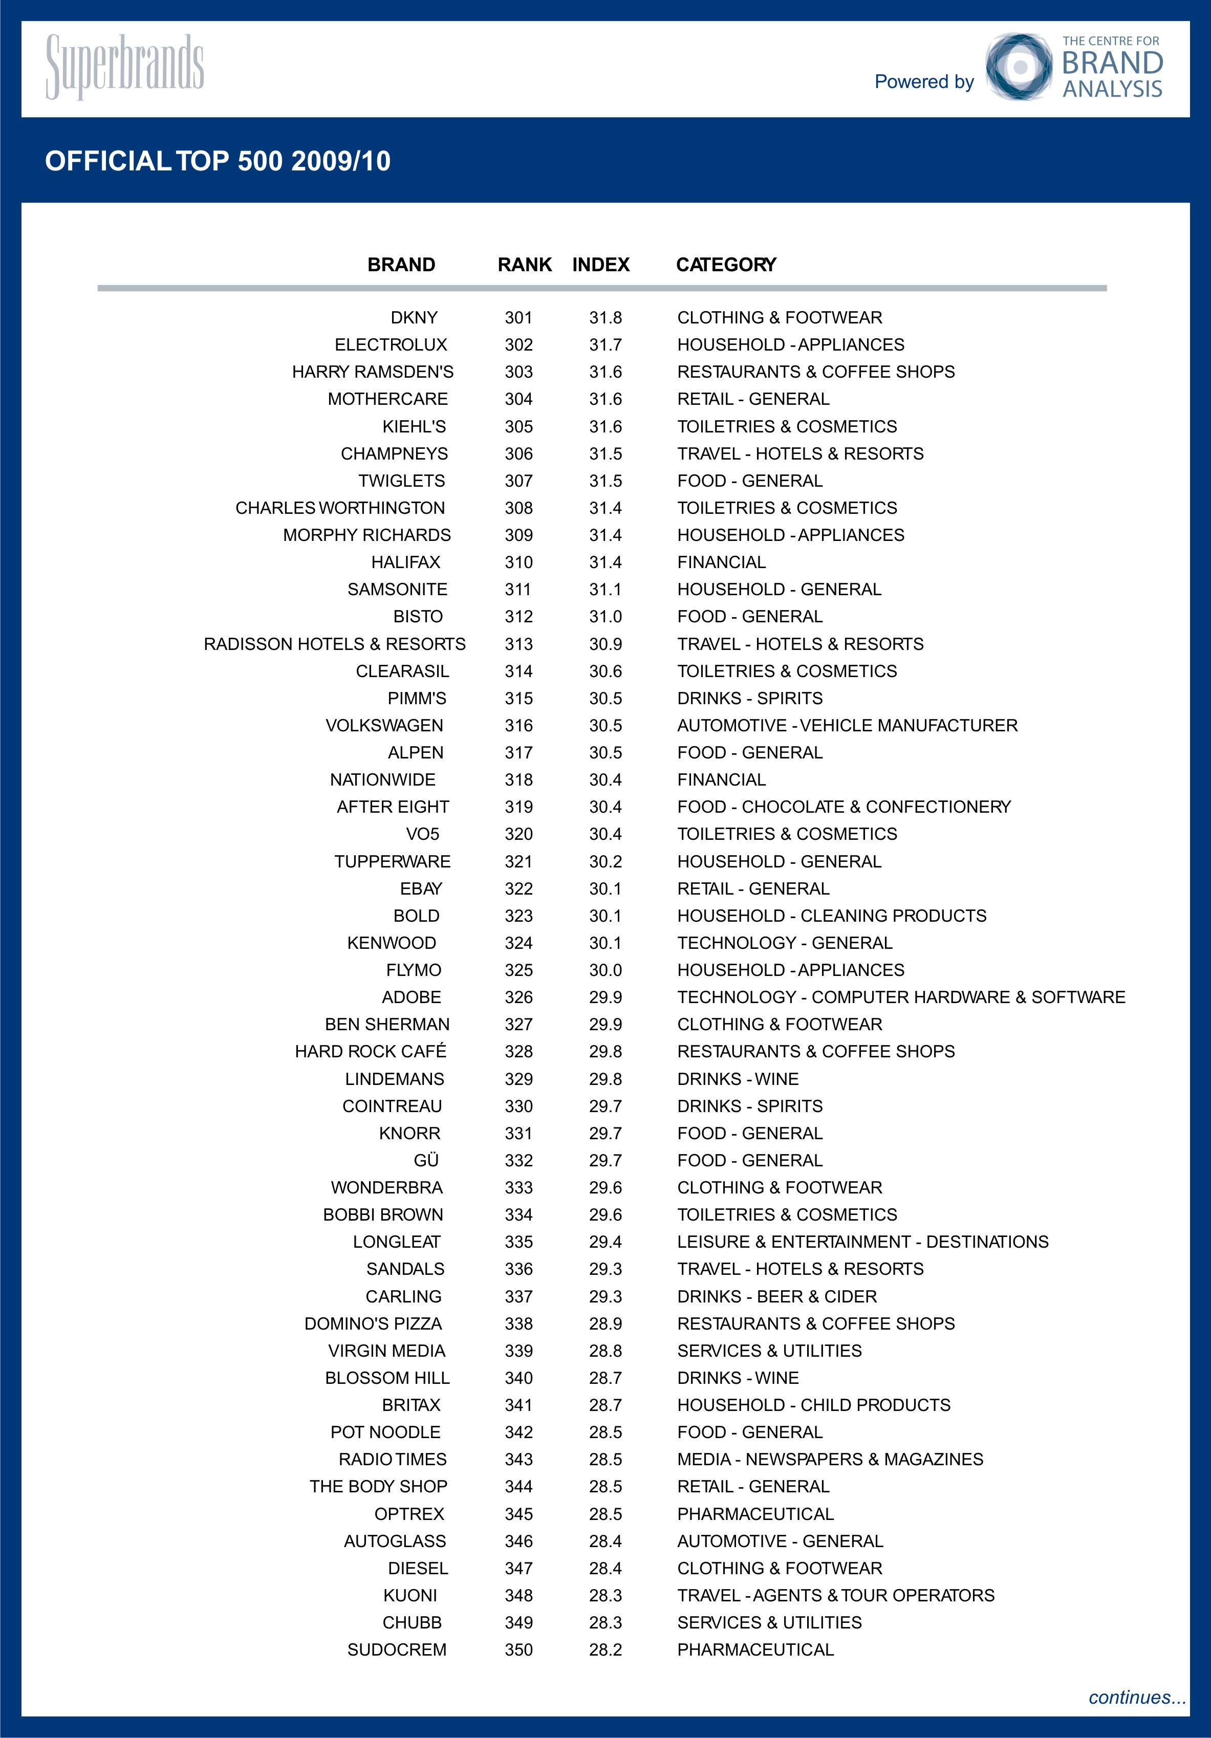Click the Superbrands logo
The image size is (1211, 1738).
(x=125, y=66)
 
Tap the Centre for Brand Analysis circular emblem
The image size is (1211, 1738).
(x=1018, y=67)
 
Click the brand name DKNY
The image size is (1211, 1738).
(x=414, y=318)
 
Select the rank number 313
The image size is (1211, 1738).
(x=519, y=644)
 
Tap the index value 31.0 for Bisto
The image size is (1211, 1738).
(x=605, y=617)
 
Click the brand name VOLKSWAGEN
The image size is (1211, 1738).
(x=384, y=726)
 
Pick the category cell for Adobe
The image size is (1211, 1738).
(x=901, y=997)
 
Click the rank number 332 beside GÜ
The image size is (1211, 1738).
(x=519, y=1160)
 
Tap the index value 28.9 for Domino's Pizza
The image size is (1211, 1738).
(x=605, y=1324)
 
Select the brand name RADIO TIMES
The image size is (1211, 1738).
(x=393, y=1460)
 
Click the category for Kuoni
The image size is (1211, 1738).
(x=836, y=1596)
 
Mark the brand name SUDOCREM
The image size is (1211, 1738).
(x=397, y=1650)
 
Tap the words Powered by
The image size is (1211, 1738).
(x=924, y=82)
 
